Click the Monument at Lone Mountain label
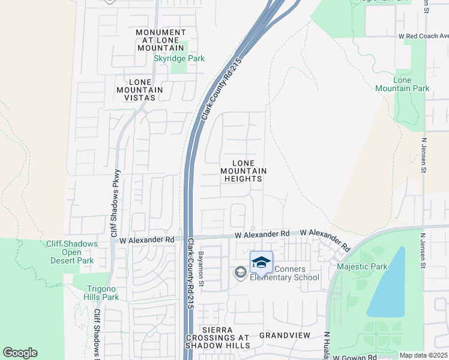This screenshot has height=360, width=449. point(160,40)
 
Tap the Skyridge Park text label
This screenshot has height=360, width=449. point(179,58)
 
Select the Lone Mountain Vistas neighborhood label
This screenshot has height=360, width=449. point(145,89)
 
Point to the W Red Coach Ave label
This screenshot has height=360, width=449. point(423,36)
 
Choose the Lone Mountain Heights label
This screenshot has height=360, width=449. point(243,171)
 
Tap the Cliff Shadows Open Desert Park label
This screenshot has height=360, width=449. point(72,252)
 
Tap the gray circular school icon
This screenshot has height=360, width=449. point(240,273)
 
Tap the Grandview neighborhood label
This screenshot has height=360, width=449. point(284,335)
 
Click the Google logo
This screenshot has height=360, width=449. point(20,353)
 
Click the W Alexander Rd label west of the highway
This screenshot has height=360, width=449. point(146,239)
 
